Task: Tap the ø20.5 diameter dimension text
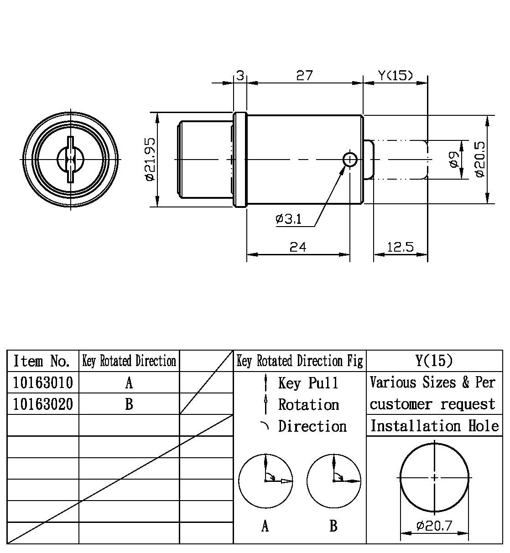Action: point(480,159)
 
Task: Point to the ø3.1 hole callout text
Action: point(288,219)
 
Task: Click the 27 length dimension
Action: point(304,75)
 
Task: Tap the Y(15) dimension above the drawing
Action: point(396,75)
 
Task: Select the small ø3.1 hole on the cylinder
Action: point(350,159)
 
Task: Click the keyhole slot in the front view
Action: point(70,159)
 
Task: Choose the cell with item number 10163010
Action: point(43,382)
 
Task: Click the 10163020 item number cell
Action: point(43,404)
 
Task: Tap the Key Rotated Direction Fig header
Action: point(300,362)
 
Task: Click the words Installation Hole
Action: point(434,426)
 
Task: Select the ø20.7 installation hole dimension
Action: point(434,526)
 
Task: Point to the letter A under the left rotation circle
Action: point(265,527)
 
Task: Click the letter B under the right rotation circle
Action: point(333,527)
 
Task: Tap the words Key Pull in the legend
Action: point(308,383)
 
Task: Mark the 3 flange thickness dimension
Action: point(240,75)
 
